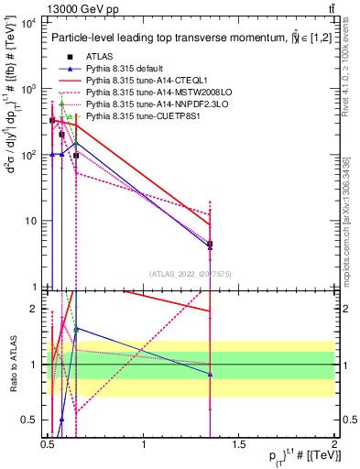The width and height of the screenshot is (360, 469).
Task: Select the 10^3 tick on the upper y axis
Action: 27,89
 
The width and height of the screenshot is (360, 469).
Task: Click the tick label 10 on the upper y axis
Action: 29,221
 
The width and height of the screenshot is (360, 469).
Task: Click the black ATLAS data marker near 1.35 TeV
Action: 211,245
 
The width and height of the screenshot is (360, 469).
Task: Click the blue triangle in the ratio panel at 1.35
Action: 211,375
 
